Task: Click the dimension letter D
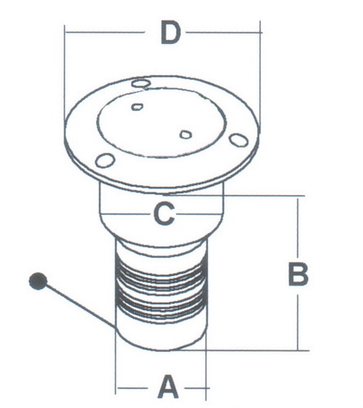170,33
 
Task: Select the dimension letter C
164,214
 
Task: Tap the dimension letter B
298,274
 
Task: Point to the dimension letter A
168,387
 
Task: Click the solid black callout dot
38,281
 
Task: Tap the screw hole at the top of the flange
140,83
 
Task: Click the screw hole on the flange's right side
238,140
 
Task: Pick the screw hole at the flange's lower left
104,161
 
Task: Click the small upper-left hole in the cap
137,107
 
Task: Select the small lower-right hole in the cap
186,135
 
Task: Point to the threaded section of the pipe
161,288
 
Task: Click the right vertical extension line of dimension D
260,77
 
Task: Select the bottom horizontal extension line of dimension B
245,350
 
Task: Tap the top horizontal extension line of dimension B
235,196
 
